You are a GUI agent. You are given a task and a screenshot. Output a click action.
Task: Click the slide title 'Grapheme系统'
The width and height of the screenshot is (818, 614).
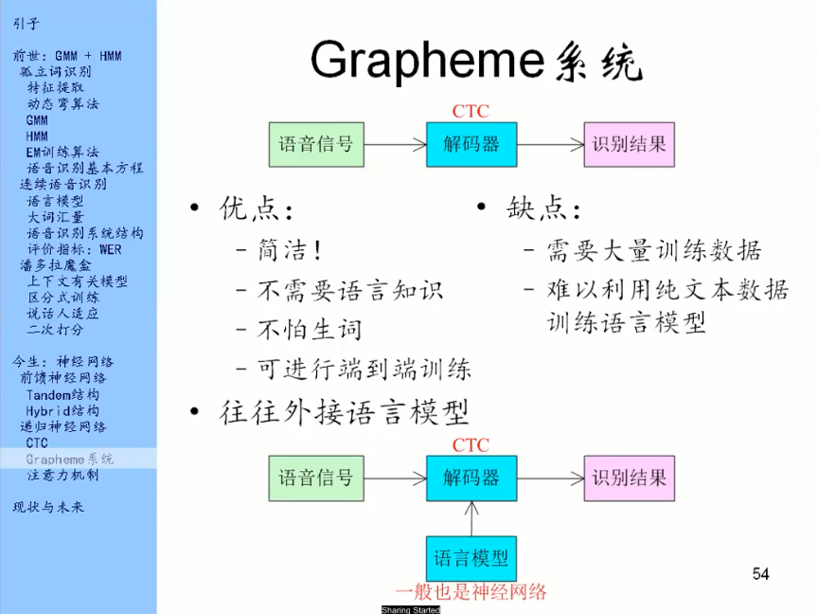coord(475,62)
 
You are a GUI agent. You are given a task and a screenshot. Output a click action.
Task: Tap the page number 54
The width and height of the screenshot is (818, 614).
coord(760,573)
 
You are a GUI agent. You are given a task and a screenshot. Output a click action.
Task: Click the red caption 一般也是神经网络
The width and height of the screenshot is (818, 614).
coord(471,592)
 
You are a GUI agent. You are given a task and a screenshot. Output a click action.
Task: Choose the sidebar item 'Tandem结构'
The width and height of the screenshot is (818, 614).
coord(62,394)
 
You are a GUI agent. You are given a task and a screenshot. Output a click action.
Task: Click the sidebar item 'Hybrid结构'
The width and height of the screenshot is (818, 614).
coord(62,410)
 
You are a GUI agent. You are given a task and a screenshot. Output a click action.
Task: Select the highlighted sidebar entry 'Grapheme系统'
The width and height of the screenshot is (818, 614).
coord(69,459)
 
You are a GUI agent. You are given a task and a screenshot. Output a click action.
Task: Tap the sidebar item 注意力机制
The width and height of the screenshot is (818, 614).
coord(62,475)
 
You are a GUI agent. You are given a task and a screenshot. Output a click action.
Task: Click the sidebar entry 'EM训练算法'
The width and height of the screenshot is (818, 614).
coord(62,152)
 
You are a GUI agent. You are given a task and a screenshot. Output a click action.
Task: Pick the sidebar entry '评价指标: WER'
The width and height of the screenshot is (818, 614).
coord(74,248)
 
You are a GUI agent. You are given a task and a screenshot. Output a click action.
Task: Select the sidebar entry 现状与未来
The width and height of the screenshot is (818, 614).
coord(48,507)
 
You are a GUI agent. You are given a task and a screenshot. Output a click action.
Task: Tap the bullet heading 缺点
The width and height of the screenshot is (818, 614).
coord(543,208)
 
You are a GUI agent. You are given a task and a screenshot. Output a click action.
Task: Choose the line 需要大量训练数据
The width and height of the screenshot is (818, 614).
coord(653,251)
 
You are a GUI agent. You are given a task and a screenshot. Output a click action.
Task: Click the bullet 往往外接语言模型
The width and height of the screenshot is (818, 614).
coord(345,412)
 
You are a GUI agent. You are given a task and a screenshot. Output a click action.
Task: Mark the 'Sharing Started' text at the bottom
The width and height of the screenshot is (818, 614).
coord(410,610)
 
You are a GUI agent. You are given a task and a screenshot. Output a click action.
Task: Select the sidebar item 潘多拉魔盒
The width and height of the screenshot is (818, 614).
coord(58,264)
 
